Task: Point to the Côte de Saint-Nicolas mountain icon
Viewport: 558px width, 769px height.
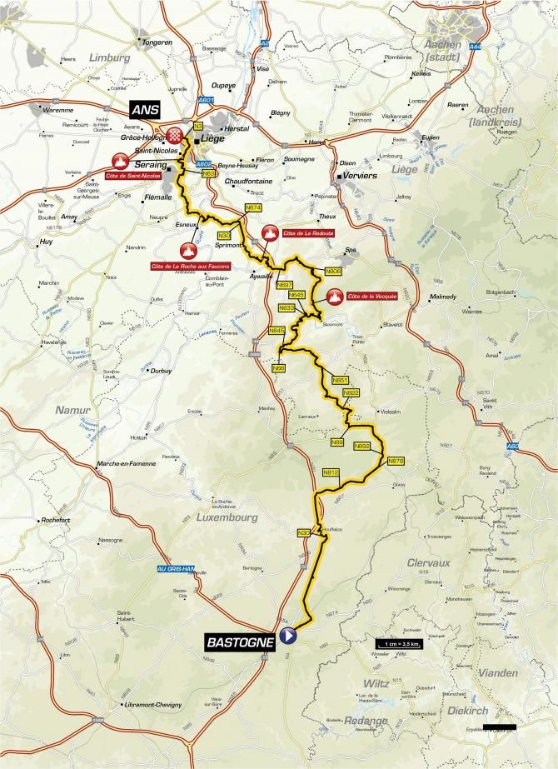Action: pyautogui.click(x=122, y=161)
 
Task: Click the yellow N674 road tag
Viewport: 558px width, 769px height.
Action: pyautogui.click(x=254, y=207)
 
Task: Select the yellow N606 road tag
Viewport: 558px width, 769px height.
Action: pyautogui.click(x=333, y=271)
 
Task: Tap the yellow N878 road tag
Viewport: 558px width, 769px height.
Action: pyautogui.click(x=396, y=461)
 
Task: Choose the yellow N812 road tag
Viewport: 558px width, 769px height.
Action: pyautogui.click(x=331, y=472)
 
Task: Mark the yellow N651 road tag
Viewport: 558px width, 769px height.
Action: pyautogui.click(x=340, y=380)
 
